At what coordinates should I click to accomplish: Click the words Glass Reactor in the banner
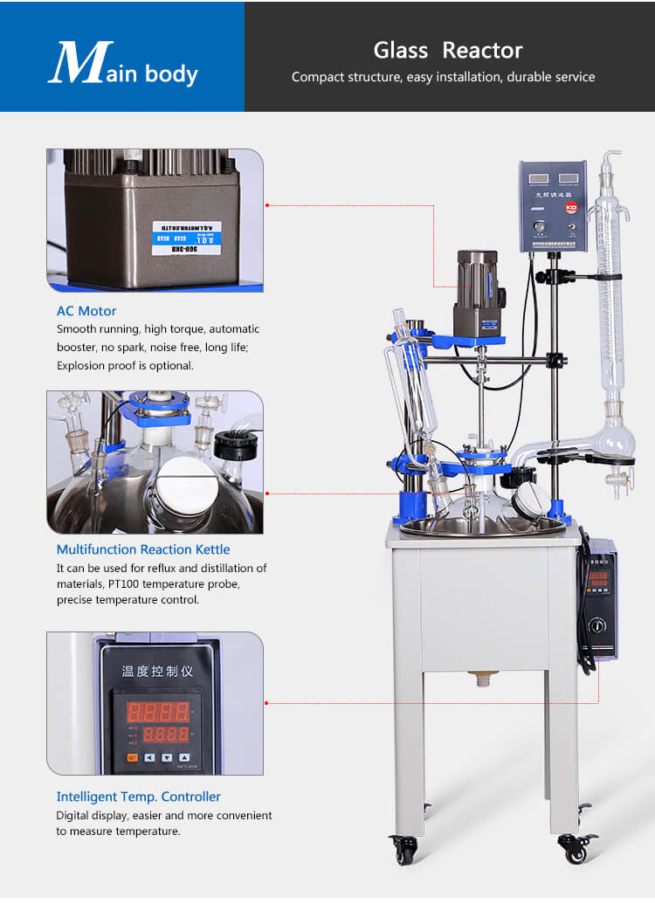point(448,50)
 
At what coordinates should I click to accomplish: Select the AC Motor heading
point(86,311)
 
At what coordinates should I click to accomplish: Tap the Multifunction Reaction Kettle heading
point(143,549)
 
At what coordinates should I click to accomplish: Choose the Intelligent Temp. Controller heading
point(138,797)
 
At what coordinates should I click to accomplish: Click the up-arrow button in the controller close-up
point(184,757)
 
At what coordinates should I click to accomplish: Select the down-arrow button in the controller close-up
point(167,757)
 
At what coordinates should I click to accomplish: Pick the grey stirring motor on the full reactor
point(476,279)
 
